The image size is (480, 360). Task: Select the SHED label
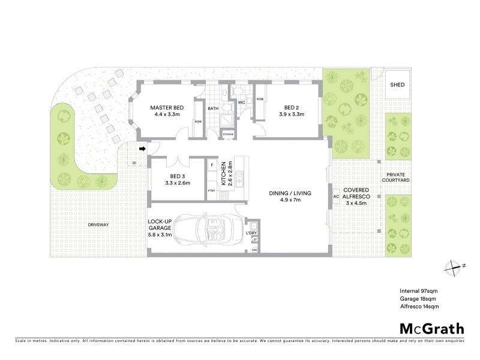point(397,85)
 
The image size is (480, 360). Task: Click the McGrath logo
point(431,328)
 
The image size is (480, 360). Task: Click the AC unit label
point(336,196)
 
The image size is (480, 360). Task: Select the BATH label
point(213,109)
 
